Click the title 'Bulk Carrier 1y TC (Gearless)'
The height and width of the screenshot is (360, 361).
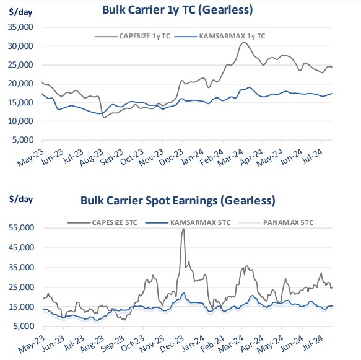177,10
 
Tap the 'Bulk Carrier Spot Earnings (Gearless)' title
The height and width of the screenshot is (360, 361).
178,201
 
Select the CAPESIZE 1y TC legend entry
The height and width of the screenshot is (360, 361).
133,36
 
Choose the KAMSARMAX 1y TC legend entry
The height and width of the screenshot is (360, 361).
220,36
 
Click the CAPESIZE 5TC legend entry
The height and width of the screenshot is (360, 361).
102,222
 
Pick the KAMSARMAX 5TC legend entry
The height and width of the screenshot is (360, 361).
188,222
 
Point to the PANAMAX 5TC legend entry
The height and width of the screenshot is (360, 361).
276,222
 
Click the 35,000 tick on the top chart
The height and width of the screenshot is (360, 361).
20,27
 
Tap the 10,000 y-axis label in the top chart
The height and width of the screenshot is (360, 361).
20,121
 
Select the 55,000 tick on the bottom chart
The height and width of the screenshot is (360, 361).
22,228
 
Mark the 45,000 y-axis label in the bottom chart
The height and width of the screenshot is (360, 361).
22,248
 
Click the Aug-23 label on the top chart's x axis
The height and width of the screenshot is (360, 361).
91,157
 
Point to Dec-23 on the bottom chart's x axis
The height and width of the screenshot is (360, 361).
172,344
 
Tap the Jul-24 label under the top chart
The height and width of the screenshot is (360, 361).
312,156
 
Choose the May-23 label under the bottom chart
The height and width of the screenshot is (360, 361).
32,345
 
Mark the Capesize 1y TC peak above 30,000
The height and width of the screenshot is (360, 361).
244,43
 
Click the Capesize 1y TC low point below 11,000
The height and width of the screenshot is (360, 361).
104,118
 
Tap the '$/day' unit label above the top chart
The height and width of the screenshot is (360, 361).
20,12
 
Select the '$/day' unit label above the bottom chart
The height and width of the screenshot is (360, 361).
21,200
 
